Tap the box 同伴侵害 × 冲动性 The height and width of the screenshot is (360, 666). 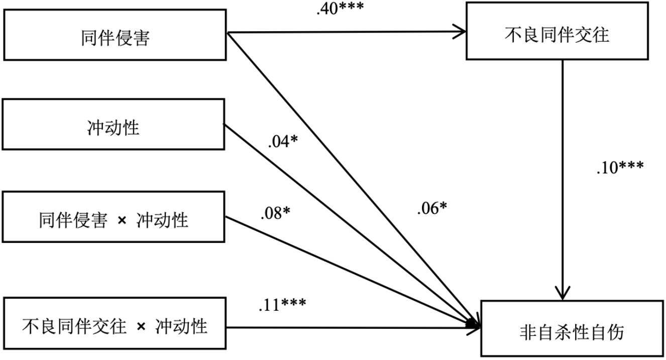[114, 220]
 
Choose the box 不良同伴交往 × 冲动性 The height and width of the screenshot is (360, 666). [115, 327]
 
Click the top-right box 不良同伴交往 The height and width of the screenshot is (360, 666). [563, 35]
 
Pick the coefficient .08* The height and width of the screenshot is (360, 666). [275, 213]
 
